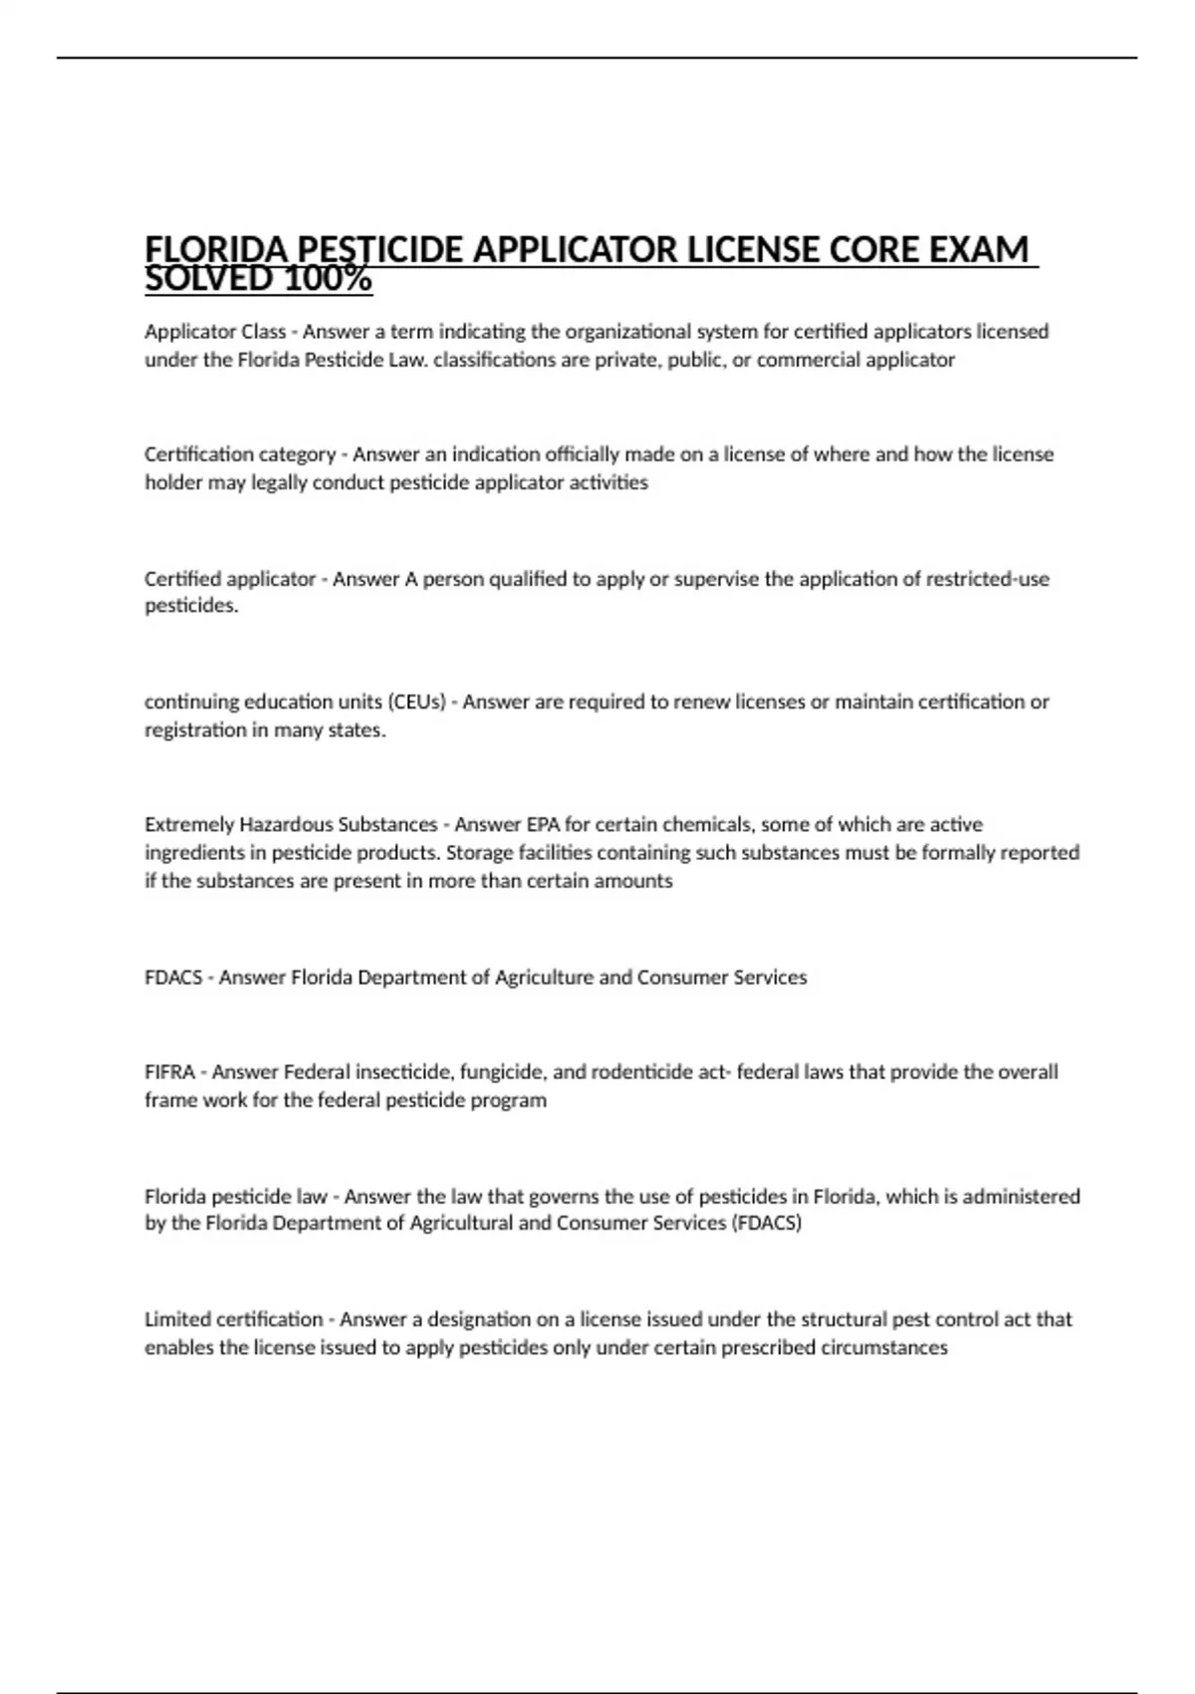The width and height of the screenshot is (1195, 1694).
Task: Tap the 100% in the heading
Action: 329,280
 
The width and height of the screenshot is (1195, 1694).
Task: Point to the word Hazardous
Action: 287,824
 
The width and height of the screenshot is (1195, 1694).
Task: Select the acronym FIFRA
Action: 169,1072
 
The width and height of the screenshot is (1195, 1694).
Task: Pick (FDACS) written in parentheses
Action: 767,1223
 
